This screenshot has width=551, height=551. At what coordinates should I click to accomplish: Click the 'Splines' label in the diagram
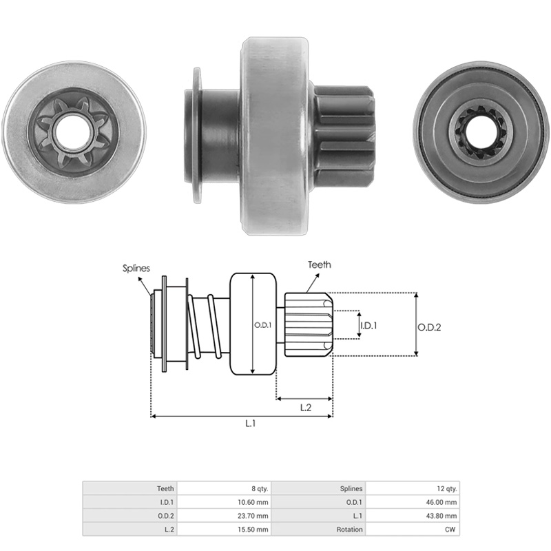coord(136,269)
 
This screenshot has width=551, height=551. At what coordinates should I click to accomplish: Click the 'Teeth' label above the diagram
coord(320,264)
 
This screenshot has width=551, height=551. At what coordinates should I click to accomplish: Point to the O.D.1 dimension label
coord(263,325)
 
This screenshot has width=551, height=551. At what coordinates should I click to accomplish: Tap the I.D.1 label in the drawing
coord(368,326)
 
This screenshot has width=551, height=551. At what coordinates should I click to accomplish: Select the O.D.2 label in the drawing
coord(429,328)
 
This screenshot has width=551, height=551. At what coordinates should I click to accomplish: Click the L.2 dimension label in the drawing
coord(306,407)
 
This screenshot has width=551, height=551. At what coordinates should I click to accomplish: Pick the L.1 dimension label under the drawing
coord(250,424)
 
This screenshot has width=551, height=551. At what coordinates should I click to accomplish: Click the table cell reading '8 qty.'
coord(225,488)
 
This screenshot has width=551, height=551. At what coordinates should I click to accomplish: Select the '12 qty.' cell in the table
coord(413,488)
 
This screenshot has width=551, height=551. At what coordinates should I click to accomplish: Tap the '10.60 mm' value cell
coord(225,502)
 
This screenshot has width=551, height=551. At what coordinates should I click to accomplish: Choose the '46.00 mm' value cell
coord(413,502)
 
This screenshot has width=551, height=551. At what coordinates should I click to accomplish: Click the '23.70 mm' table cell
coord(225,516)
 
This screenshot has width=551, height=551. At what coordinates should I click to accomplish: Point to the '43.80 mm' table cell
coord(413,516)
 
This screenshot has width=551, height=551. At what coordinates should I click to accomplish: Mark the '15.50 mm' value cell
coord(225,529)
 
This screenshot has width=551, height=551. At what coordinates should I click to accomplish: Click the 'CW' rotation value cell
coord(413,529)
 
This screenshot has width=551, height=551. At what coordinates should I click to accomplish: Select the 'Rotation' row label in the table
coord(350,530)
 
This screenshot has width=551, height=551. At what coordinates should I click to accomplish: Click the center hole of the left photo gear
coord(73,132)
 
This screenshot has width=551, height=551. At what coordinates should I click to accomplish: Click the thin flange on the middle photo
coord(197,135)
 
